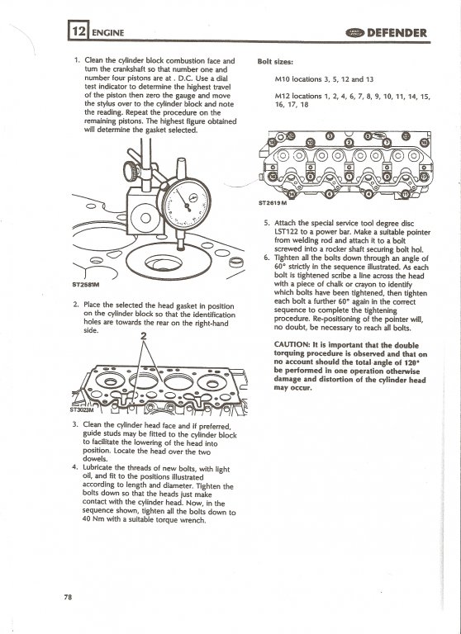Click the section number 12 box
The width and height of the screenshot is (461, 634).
click(x=78, y=31)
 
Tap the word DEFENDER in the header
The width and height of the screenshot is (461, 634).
click(x=397, y=33)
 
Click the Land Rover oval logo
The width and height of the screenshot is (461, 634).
click(x=355, y=33)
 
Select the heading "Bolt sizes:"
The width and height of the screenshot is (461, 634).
click(x=275, y=62)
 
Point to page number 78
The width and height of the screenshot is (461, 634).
click(x=68, y=597)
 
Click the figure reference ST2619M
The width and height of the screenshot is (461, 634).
click(x=273, y=203)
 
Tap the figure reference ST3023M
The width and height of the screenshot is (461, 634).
click(x=81, y=409)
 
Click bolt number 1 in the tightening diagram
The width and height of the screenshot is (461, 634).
click(x=349, y=177)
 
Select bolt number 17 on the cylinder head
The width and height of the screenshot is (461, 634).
click(x=424, y=177)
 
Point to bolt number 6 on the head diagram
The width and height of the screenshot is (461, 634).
click(x=330, y=195)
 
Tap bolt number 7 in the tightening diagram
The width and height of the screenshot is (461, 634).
click(x=387, y=142)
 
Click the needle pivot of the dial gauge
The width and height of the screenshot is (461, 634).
click(x=188, y=206)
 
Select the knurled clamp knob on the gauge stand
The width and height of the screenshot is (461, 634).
click(x=131, y=171)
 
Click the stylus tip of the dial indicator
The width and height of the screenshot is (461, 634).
click(x=180, y=248)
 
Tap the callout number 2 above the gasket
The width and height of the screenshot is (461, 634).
click(x=143, y=336)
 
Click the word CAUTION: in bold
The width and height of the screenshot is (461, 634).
click(x=292, y=345)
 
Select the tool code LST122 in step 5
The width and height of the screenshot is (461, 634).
click(x=286, y=232)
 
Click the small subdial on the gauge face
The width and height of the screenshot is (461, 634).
click(x=192, y=198)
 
